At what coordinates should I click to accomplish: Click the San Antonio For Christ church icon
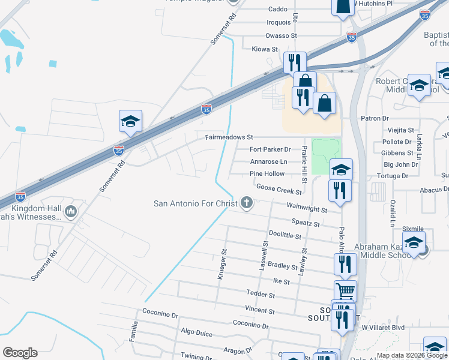[x=246, y=203]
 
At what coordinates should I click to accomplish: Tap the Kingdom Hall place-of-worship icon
[x=71, y=211]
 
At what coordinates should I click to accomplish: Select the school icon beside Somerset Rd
[x=130, y=122]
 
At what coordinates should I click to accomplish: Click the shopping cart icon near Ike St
[x=345, y=291]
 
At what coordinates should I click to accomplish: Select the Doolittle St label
[x=285, y=235]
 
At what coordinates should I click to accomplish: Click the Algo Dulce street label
[x=196, y=331]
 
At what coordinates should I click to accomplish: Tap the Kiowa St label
[x=265, y=49]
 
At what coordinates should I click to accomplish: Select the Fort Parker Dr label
[x=270, y=149]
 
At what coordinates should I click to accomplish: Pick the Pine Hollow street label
[x=267, y=174]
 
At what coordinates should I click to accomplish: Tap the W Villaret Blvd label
[x=383, y=328]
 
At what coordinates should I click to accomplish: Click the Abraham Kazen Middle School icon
[x=414, y=242]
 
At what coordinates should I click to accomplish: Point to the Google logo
[x=20, y=353]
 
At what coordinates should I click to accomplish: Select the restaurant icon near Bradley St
[x=345, y=263]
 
